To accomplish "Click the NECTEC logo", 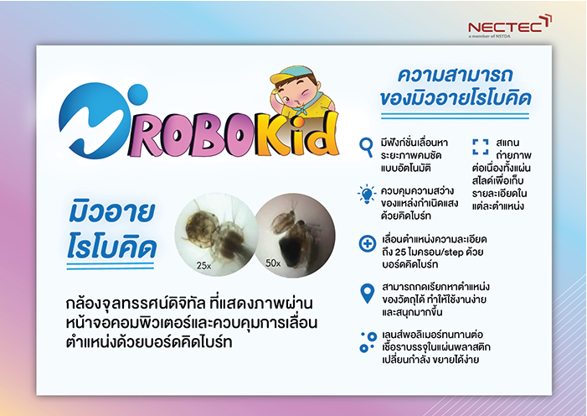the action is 510,26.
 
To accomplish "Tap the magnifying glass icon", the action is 366,147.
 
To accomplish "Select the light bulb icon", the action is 367,195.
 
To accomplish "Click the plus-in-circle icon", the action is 368,243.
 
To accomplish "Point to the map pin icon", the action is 368,293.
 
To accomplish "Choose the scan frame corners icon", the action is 481,147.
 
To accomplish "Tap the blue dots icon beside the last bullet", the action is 368,342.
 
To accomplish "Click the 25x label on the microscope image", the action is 203,266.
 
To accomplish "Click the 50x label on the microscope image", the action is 273,263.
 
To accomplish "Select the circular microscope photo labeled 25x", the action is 216,235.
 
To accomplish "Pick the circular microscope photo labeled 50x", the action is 295,235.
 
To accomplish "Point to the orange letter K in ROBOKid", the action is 270,134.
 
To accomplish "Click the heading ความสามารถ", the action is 455,75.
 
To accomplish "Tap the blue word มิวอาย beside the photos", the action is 111,212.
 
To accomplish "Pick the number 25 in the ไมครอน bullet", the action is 399,252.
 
